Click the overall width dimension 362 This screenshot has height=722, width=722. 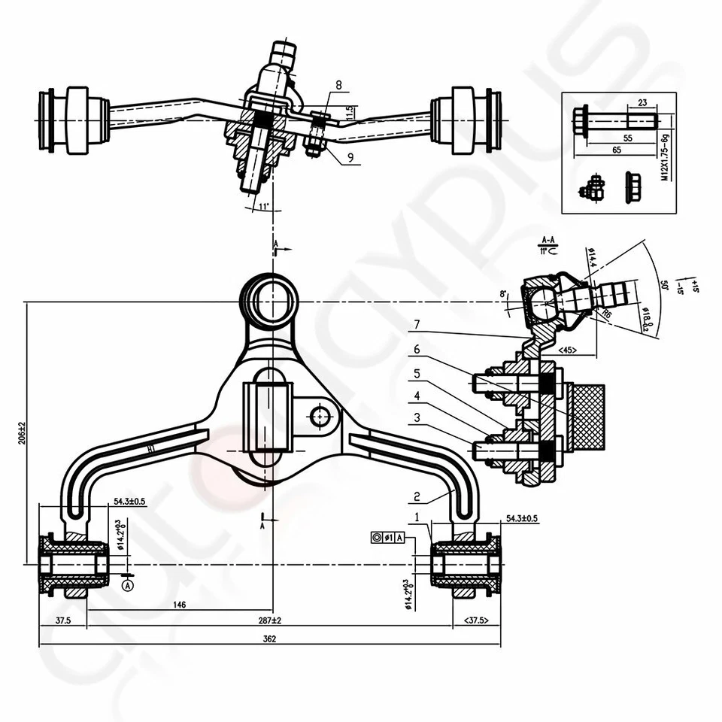270,639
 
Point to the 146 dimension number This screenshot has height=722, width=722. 180,604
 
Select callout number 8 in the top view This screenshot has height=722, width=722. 338,86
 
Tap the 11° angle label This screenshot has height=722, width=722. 262,205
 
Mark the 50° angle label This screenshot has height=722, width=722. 664,287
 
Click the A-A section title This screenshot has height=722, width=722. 548,239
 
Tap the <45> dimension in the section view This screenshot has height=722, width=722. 568,350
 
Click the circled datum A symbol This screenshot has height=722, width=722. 127,584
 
